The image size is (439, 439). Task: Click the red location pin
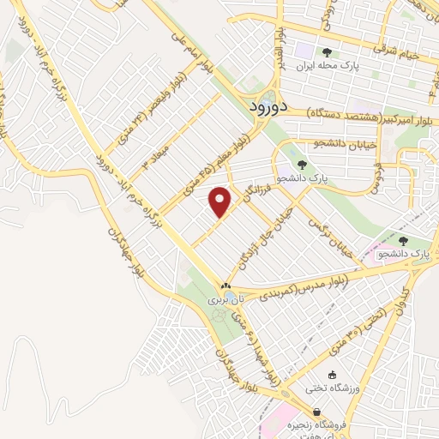pos(221,201)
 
